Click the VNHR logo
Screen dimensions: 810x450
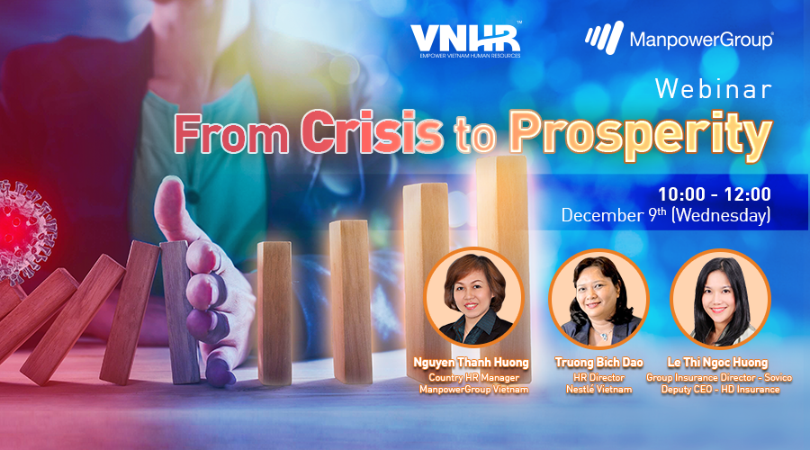[x=465, y=40]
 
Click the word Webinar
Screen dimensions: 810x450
[x=714, y=89]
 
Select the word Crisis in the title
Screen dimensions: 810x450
[x=372, y=131]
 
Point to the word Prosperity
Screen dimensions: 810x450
[x=641, y=135]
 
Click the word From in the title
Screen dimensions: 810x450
[x=231, y=133]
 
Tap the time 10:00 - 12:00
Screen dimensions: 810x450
[x=715, y=194]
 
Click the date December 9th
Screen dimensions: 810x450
[x=614, y=215]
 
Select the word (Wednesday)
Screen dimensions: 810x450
[x=721, y=215]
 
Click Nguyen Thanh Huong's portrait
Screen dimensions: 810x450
[x=473, y=297]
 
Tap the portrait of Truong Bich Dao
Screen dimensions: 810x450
[x=598, y=299]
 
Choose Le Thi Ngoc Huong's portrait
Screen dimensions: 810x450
[x=720, y=299]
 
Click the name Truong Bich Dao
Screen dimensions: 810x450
[x=598, y=363]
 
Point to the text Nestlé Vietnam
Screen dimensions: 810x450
[x=598, y=390]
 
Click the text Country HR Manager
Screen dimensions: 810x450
[x=473, y=378]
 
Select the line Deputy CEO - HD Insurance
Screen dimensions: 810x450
[x=720, y=390]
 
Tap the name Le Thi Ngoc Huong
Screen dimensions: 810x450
[x=717, y=363]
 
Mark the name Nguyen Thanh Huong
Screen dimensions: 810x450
[x=471, y=363]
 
